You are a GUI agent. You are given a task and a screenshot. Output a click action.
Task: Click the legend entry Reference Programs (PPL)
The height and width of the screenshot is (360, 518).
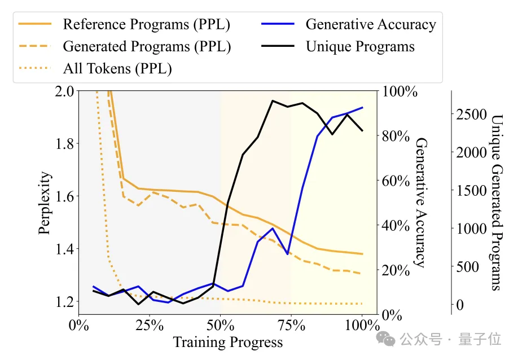(146, 25)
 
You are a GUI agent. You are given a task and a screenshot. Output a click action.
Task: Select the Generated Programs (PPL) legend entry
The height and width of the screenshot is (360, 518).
(147, 46)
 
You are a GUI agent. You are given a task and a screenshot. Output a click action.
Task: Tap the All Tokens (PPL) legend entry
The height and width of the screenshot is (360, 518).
(117, 68)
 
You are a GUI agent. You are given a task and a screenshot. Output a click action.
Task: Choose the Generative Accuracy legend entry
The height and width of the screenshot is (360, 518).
(371, 25)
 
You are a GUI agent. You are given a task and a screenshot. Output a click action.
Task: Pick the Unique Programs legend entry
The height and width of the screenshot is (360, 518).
(360, 46)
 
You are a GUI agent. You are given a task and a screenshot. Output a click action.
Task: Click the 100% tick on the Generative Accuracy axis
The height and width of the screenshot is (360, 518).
(400, 91)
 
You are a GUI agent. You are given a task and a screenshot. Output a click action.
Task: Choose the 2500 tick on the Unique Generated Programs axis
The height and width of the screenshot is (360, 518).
(471, 114)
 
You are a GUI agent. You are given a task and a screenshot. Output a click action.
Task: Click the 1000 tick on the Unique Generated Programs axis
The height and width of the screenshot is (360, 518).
(471, 229)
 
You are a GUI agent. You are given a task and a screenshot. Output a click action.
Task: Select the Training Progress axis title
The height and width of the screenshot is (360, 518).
(227, 343)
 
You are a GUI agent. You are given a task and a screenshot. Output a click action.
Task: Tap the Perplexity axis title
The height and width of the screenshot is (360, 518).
(46, 203)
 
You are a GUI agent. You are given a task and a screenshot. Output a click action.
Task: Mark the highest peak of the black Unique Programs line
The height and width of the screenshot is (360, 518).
(273, 101)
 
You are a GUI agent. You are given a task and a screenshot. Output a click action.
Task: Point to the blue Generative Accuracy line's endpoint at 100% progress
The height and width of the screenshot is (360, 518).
(362, 107)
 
